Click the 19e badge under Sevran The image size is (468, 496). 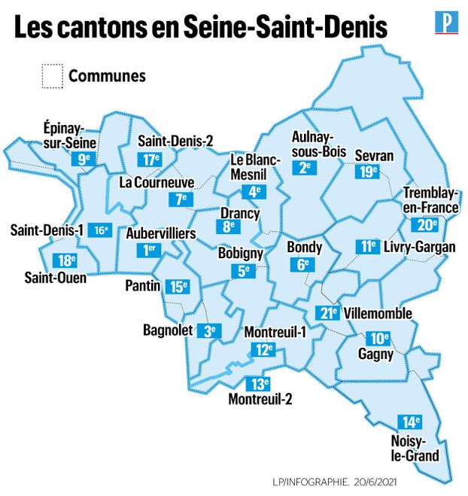(367, 171)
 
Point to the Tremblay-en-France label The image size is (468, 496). (430, 199)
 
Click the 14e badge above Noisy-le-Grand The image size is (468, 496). (411, 422)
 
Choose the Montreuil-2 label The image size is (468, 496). (260, 398)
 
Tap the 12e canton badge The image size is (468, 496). (263, 349)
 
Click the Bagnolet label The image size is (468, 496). (168, 330)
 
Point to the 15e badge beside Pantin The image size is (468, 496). (178, 286)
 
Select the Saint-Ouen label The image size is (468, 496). (55, 279)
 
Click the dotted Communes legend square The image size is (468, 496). (52, 77)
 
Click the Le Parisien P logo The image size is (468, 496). (447, 23)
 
